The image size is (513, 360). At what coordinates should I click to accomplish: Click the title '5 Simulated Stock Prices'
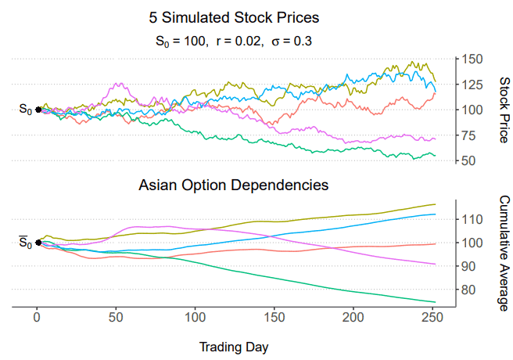pos(234,17)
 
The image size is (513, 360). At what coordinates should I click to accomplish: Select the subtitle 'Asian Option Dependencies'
pos(234,185)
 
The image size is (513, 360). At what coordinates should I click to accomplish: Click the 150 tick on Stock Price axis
pos(472,59)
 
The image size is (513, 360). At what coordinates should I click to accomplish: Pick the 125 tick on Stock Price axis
pos(472,84)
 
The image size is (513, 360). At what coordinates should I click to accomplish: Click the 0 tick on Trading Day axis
pos(37,318)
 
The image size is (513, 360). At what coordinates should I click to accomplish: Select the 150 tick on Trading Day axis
pos(274,318)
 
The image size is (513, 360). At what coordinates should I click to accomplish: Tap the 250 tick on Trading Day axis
pos(432,318)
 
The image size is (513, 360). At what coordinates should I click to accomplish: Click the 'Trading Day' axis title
pos(234,346)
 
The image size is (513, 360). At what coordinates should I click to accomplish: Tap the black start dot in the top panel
pos(38,110)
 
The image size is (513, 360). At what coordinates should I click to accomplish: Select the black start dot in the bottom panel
pos(38,243)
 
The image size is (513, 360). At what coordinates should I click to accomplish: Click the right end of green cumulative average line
pos(435,302)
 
